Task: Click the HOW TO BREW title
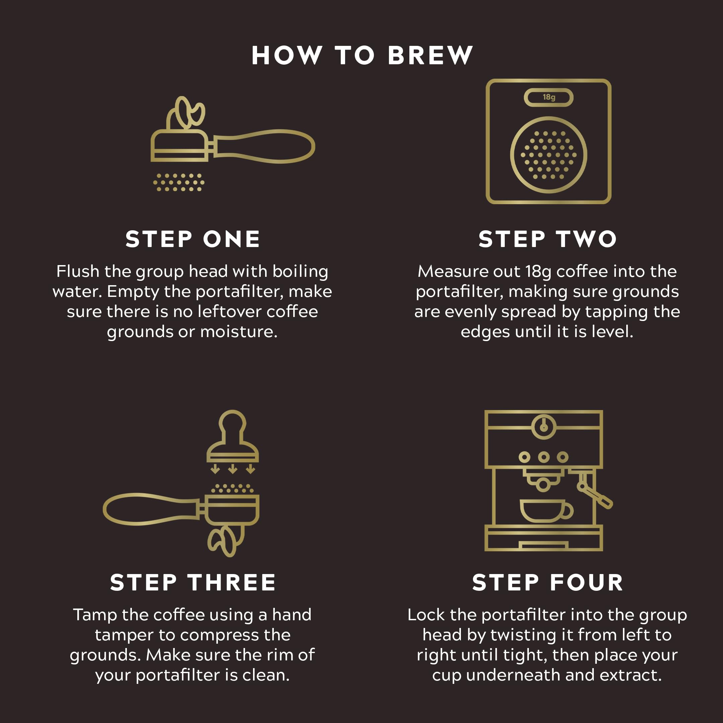(x=362, y=55)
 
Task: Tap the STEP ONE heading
(x=193, y=239)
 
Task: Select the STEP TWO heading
(x=548, y=239)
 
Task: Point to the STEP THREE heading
(x=193, y=583)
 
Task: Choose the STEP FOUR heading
(x=548, y=583)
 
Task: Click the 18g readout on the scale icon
(x=549, y=97)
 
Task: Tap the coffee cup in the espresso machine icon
(x=546, y=510)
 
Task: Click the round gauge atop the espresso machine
(x=544, y=427)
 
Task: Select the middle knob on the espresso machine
(x=544, y=457)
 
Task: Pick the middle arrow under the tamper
(x=232, y=469)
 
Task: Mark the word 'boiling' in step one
(x=300, y=272)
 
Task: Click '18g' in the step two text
(x=538, y=272)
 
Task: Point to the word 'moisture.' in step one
(x=239, y=332)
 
